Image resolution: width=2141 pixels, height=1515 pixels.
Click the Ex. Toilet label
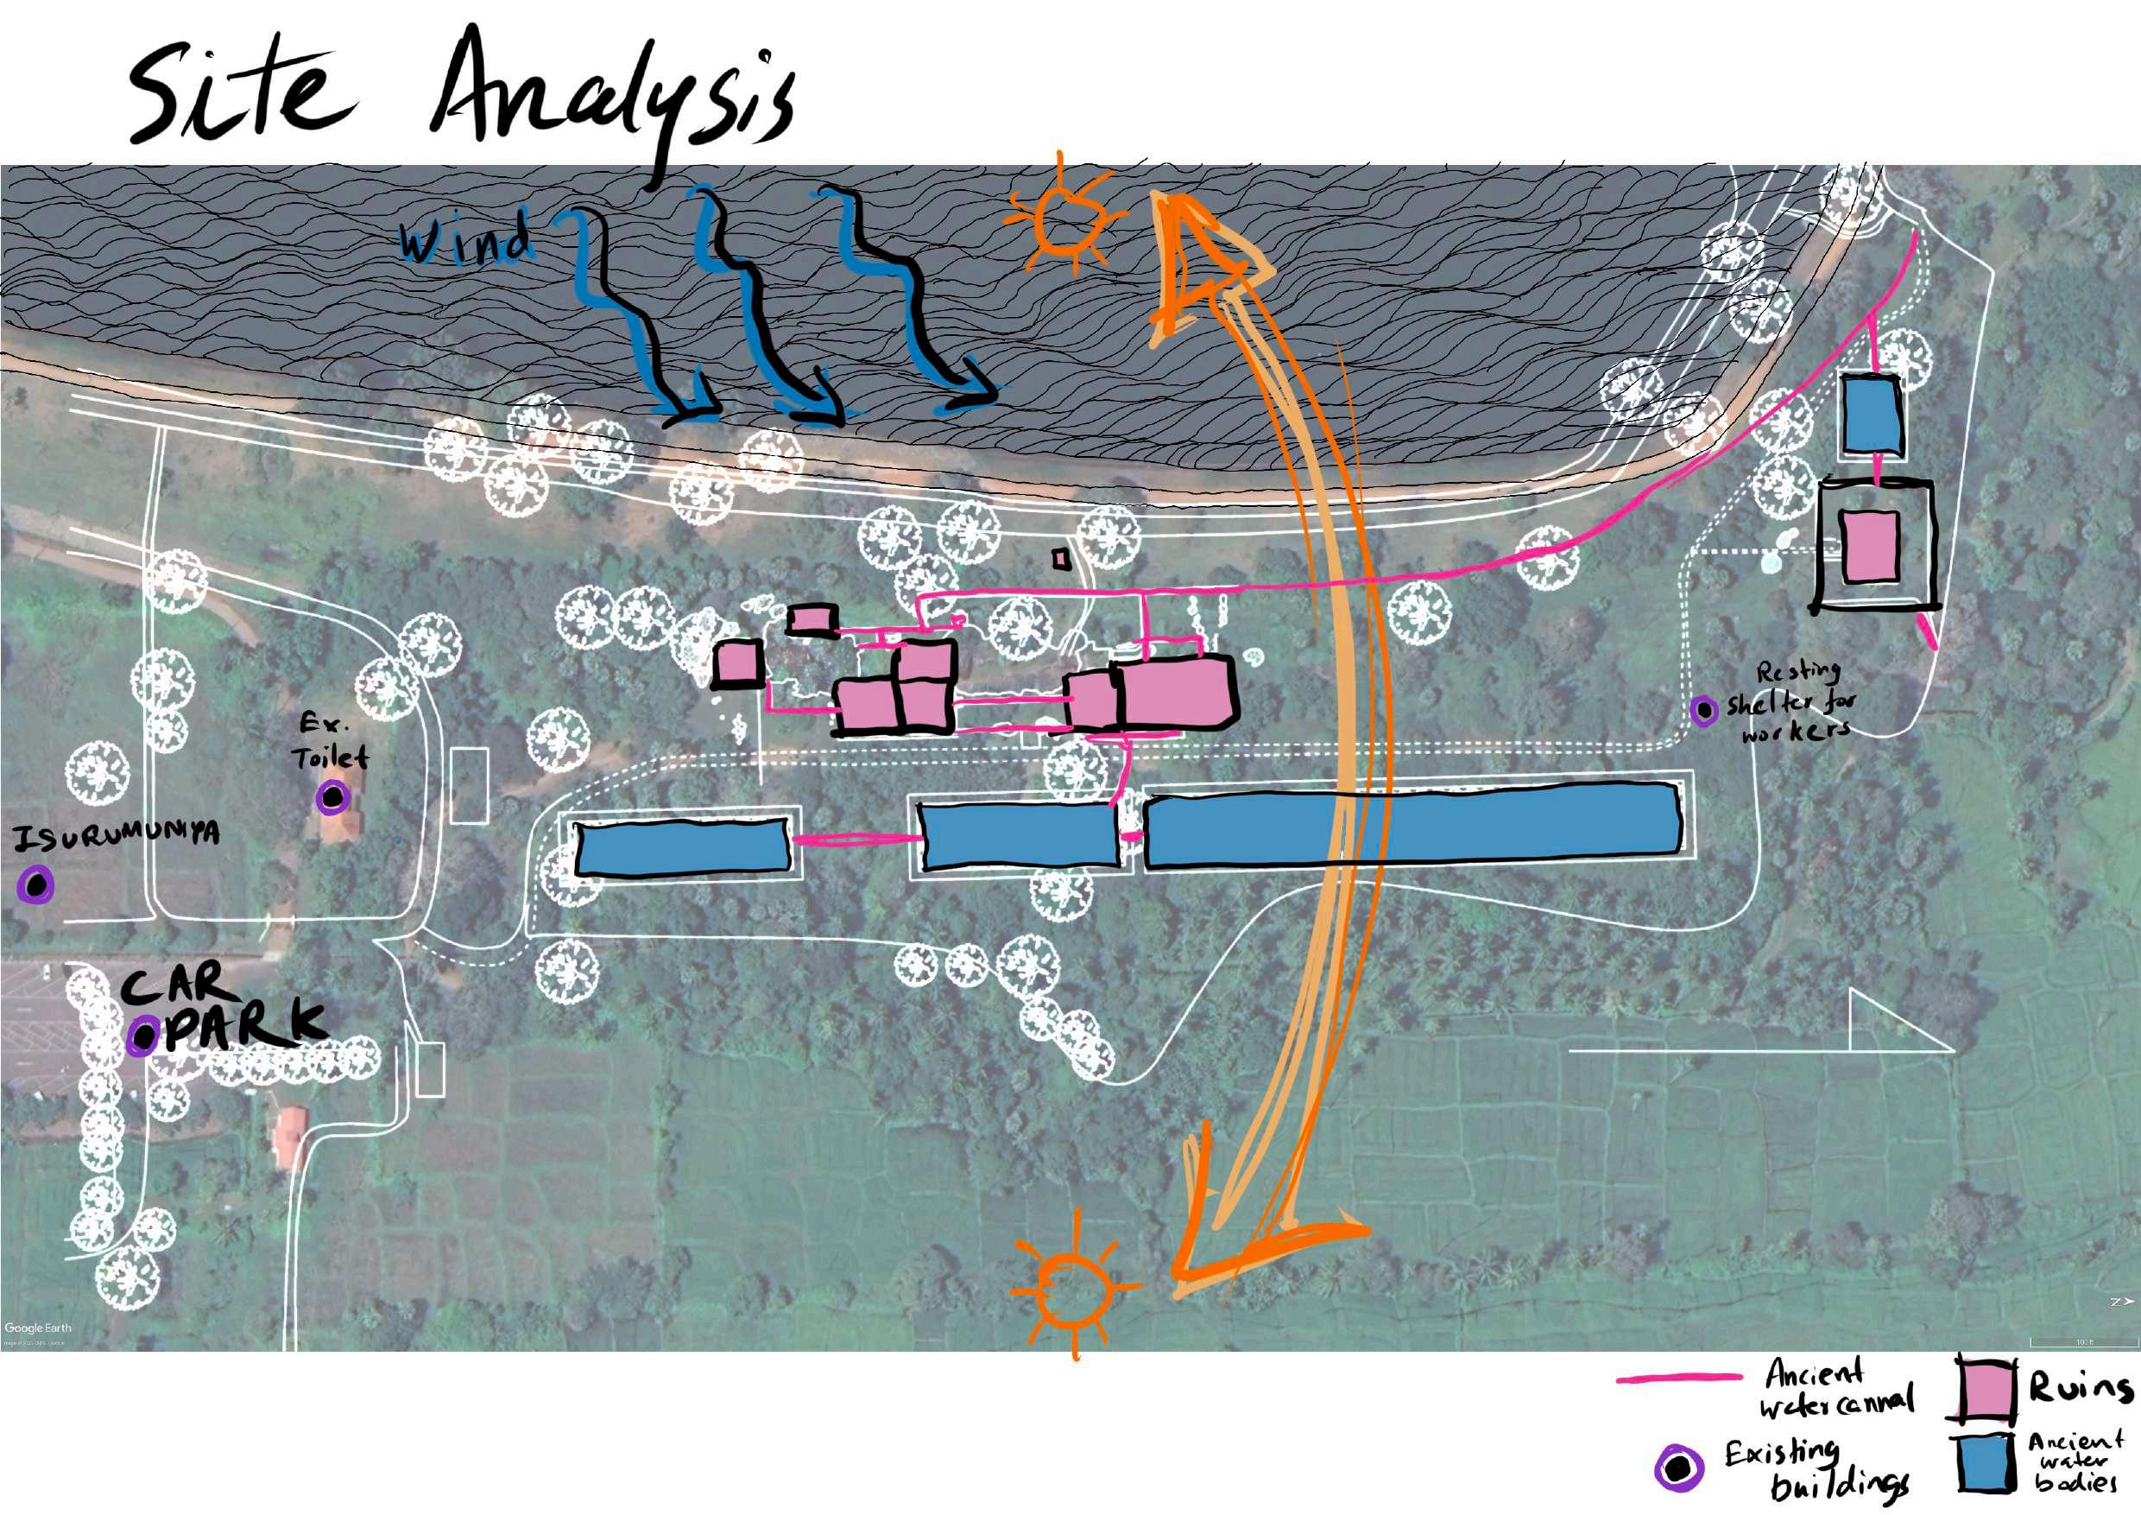(331, 742)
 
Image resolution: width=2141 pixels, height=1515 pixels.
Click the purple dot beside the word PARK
(142, 1036)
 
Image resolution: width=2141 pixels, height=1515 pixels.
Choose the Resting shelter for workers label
(1790, 701)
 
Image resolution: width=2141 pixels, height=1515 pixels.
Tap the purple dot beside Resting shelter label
(1704, 712)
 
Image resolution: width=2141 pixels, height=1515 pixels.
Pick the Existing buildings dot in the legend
(1679, 1468)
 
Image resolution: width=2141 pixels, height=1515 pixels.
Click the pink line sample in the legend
(1678, 1378)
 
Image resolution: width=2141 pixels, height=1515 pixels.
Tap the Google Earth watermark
(37, 1328)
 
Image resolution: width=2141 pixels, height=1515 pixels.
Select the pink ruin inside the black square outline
(1870, 547)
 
